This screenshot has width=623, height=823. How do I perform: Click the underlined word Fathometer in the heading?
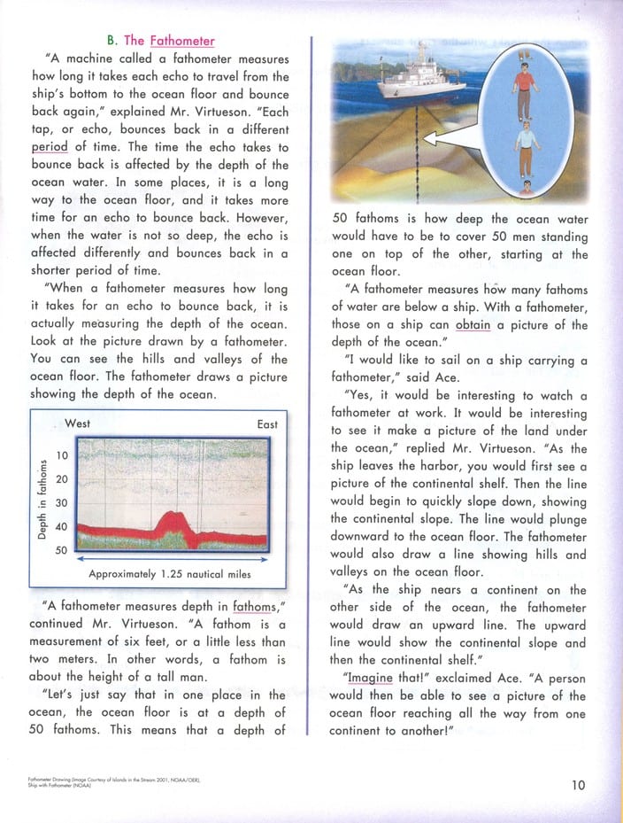click(x=182, y=40)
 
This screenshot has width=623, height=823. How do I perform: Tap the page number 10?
click(x=578, y=783)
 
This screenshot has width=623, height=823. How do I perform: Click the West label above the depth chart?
click(x=77, y=424)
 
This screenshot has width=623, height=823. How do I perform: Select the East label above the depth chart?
click(x=267, y=424)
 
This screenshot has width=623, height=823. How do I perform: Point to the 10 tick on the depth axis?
click(x=62, y=455)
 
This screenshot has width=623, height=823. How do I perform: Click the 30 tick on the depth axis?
click(x=62, y=503)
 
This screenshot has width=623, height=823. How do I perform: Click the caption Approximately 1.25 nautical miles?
click(x=169, y=574)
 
